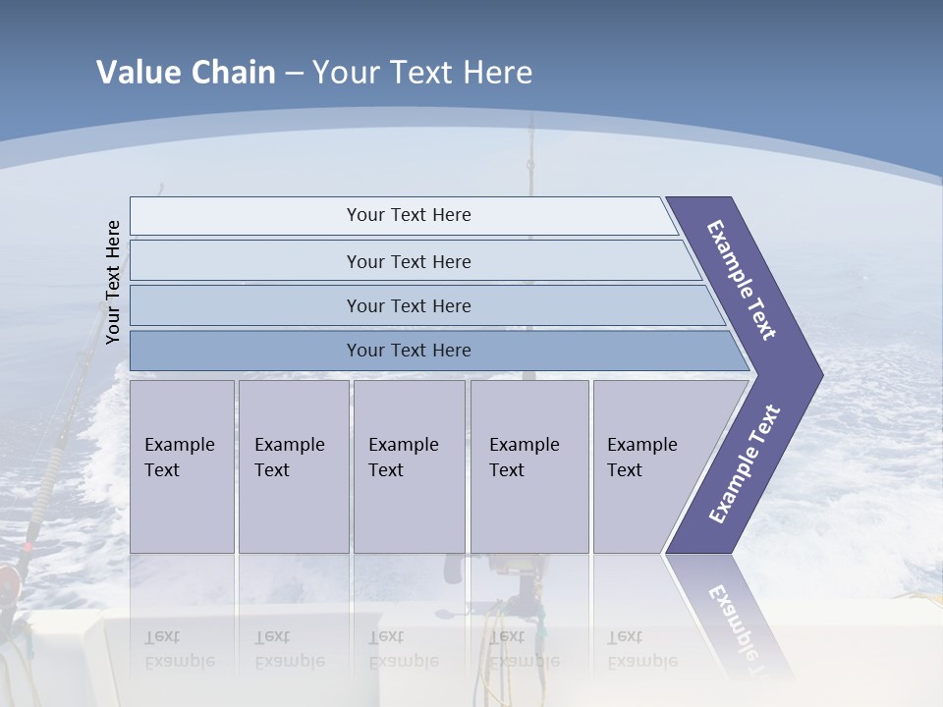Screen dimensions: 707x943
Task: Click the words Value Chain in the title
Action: [186, 73]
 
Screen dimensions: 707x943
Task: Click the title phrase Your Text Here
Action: [422, 73]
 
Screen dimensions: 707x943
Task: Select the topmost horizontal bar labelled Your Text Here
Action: [409, 215]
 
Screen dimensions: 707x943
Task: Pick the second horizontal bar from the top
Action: [409, 261]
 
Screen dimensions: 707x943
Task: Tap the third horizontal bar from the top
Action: [409, 305]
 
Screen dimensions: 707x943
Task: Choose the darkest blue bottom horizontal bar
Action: [409, 351]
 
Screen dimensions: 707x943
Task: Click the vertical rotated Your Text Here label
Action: [113, 282]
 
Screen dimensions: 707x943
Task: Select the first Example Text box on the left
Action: [182, 466]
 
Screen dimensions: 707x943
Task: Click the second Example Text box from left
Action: [293, 466]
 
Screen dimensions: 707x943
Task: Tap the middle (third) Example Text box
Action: [408, 466]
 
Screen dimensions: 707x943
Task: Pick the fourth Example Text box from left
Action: [528, 466]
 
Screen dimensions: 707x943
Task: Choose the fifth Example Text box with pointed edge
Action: [648, 466]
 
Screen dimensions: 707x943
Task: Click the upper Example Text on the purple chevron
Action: [742, 280]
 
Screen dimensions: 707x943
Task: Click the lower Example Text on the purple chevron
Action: [744, 464]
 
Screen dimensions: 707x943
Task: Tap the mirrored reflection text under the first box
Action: [179, 649]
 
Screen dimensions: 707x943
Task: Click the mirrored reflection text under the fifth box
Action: [641, 649]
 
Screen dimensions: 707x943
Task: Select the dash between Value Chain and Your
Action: [294, 74]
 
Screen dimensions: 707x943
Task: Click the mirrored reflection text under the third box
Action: [403, 649]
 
